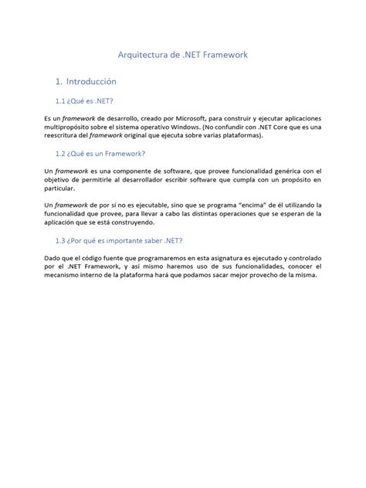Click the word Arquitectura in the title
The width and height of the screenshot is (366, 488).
point(141,56)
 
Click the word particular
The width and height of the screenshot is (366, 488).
point(60,188)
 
